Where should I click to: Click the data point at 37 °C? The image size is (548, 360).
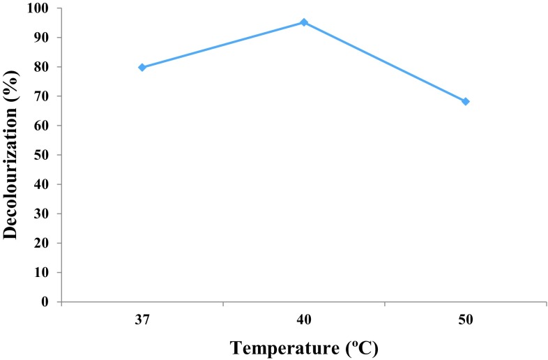[142, 68]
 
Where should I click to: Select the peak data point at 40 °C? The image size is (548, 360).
[304, 22]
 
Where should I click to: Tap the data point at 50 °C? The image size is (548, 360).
[466, 102]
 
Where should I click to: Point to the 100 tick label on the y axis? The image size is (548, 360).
[42, 8]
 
